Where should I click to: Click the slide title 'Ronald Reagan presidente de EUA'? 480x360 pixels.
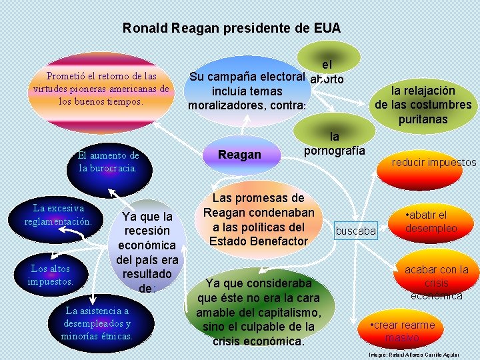point(231,29)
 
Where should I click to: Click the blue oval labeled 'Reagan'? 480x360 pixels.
point(240,155)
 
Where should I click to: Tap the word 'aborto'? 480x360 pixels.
point(327,78)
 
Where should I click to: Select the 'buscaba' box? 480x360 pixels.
point(355,231)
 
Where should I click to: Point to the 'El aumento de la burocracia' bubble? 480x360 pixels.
point(107,162)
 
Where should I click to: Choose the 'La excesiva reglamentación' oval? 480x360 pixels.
point(58,215)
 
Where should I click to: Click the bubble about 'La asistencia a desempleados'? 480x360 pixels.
point(97,323)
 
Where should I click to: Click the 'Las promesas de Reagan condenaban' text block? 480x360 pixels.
point(259,219)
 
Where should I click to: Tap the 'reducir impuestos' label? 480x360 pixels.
point(433,163)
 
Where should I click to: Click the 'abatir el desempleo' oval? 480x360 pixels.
point(430,221)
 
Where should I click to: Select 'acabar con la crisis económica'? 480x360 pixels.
point(436,282)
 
